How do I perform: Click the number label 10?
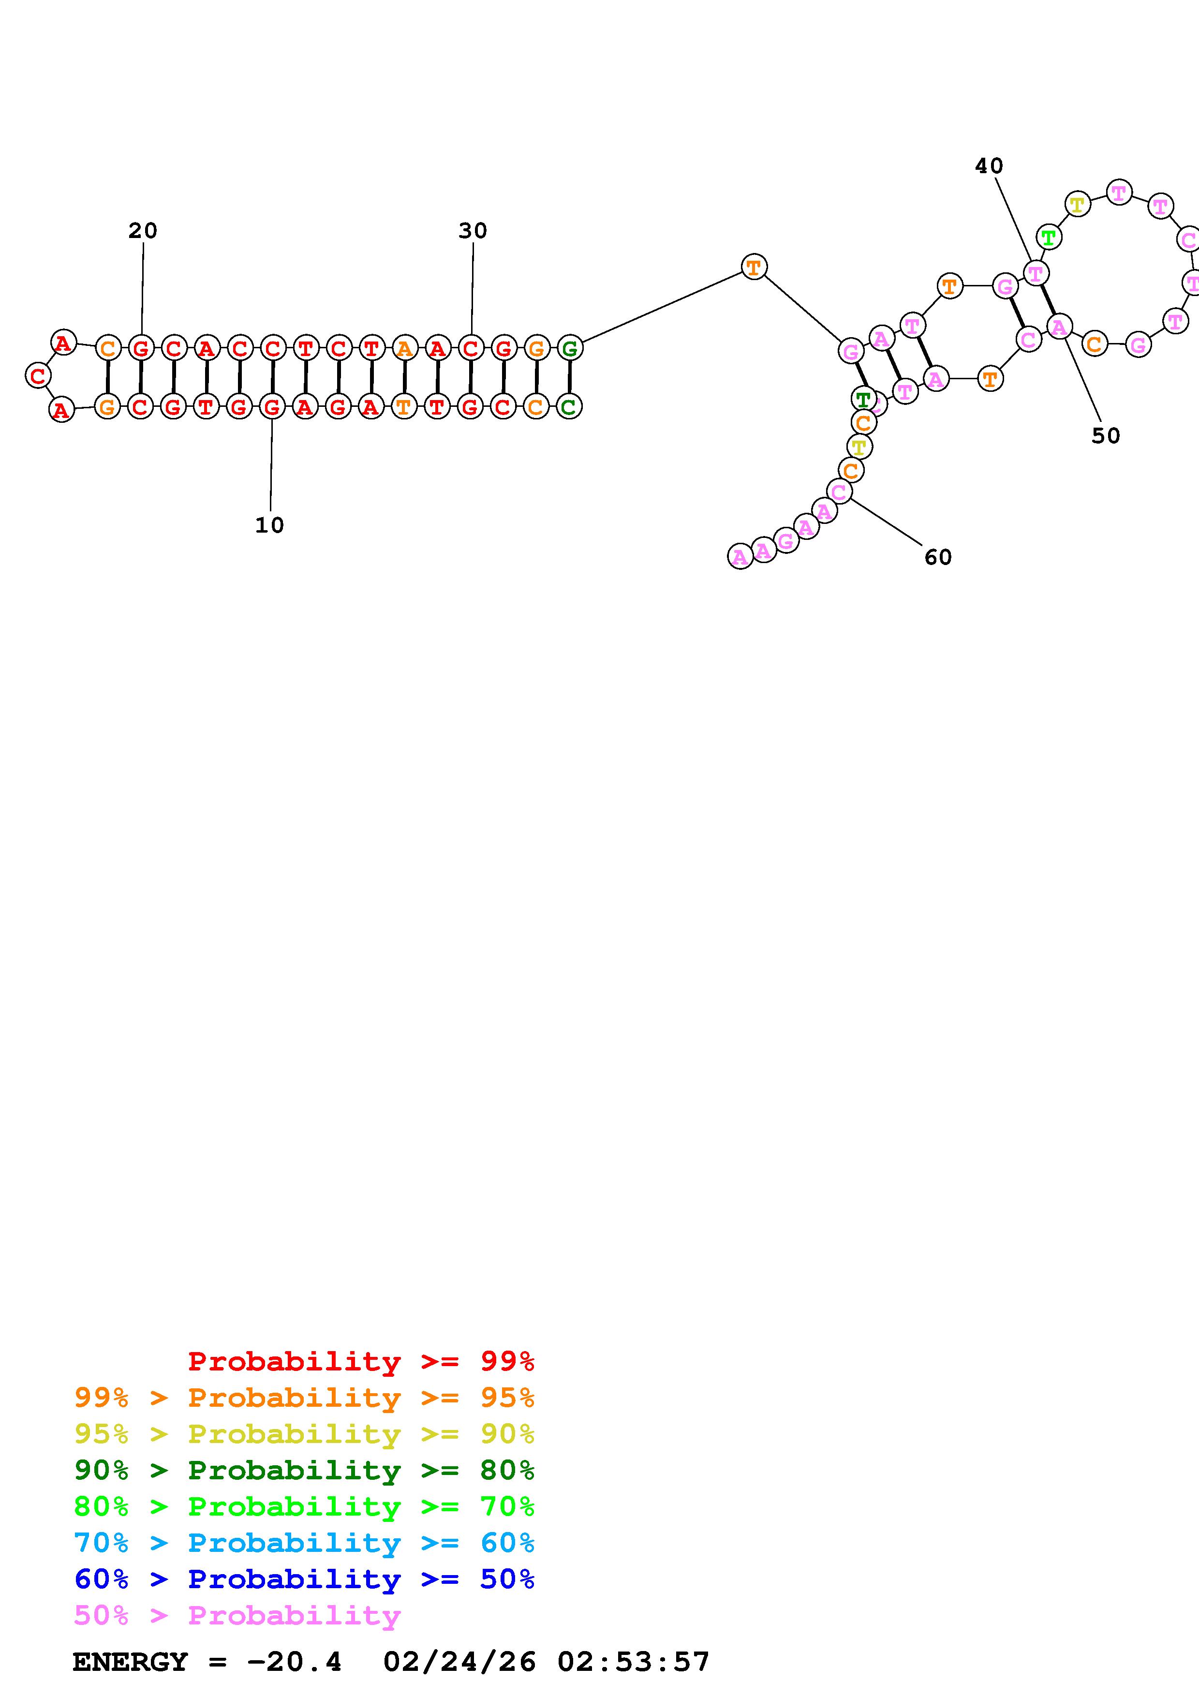coord(270,525)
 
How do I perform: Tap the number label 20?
coord(143,231)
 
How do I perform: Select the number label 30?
coord(473,231)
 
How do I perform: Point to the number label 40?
coord(989,166)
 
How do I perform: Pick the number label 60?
coord(938,557)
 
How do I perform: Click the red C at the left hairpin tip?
coord(38,375)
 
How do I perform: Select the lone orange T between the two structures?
coord(754,267)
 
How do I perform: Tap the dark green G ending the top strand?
coord(569,347)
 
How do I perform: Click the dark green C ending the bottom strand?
coord(569,406)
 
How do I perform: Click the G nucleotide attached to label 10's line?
coord(272,406)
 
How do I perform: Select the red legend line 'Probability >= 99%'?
coord(361,1361)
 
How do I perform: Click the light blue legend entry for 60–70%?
coord(304,1543)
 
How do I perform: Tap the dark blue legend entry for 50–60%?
coord(304,1579)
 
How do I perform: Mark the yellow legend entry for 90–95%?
coord(304,1434)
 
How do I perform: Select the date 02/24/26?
coord(459,1662)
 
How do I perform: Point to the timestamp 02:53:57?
coord(633,1662)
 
